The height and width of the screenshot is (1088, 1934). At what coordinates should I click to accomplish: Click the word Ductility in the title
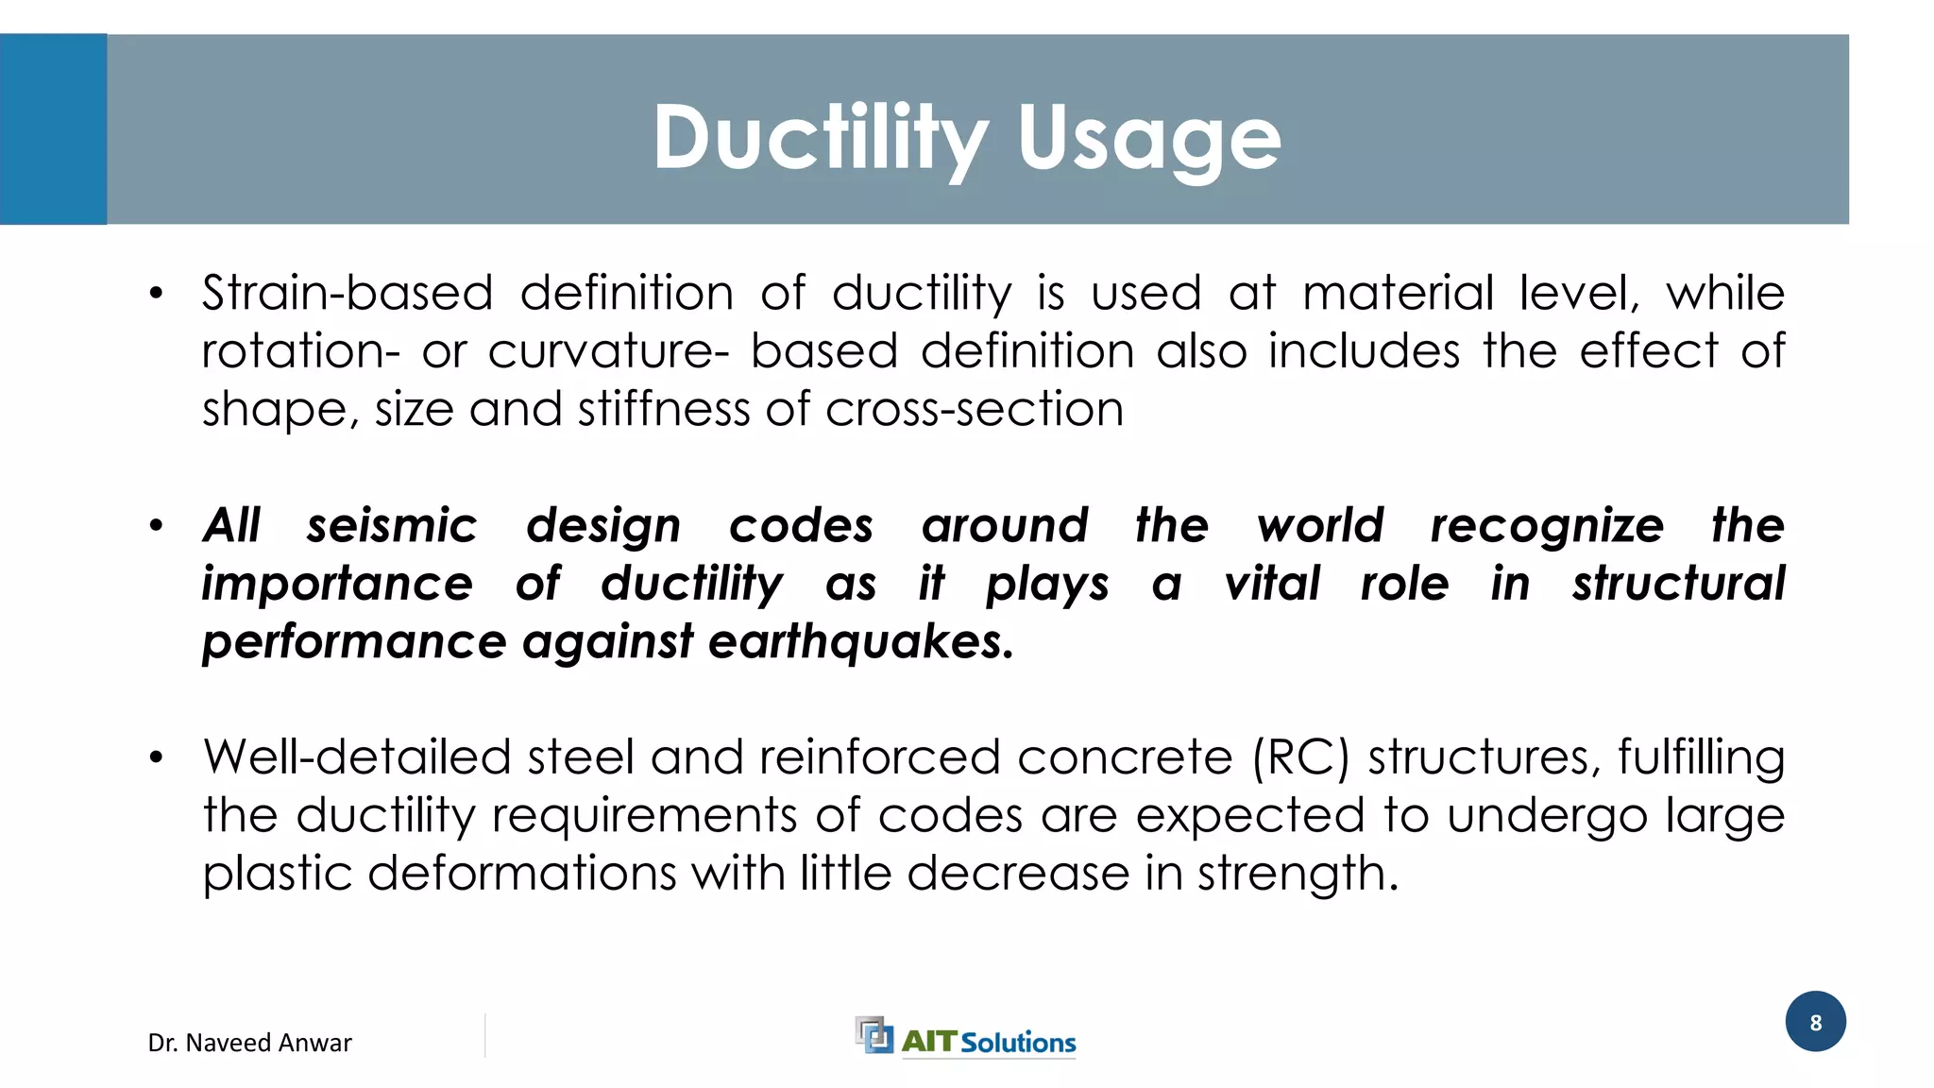[820, 138]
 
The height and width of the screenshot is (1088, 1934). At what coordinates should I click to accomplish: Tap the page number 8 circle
[1815, 1022]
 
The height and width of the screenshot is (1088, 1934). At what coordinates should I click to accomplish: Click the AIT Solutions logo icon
[874, 1035]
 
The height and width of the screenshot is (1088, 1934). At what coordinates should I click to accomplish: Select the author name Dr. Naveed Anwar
[249, 1043]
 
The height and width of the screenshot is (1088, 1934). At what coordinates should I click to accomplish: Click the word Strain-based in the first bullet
[348, 293]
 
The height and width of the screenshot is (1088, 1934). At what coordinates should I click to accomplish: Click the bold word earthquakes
[860, 642]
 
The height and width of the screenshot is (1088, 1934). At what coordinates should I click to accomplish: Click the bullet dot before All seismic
[157, 526]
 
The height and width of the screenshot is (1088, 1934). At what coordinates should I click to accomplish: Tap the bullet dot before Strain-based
[157, 294]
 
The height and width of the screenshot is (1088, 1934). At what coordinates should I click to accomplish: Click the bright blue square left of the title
[53, 129]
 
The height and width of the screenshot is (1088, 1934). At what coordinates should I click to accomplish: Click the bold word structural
[1678, 584]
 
